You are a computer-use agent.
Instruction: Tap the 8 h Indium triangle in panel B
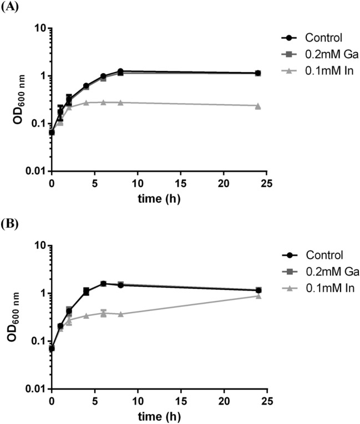pyautogui.click(x=120, y=314)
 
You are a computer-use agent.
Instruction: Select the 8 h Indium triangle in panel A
pyautogui.click(x=120, y=103)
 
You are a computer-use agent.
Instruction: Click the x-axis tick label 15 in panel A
pyautogui.click(x=180, y=181)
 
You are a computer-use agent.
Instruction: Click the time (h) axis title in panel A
pyautogui.click(x=159, y=196)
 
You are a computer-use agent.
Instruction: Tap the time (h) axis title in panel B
pyautogui.click(x=159, y=414)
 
